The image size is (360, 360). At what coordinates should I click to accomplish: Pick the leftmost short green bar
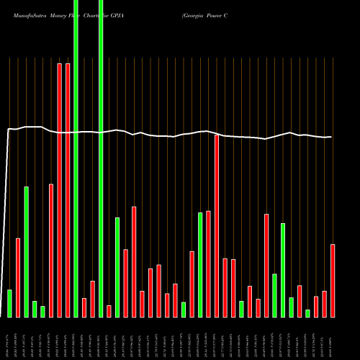9,303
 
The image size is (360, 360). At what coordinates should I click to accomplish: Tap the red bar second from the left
18,277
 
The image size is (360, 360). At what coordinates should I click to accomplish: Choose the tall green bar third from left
26,251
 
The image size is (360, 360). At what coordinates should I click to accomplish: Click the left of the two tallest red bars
59,190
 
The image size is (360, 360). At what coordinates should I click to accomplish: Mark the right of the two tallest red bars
68,190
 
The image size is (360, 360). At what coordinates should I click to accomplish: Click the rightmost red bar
333,280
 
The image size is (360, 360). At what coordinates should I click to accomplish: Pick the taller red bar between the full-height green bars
92,299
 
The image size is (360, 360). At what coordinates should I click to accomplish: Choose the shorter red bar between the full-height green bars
84,307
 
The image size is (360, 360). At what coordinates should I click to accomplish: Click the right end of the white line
331,137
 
